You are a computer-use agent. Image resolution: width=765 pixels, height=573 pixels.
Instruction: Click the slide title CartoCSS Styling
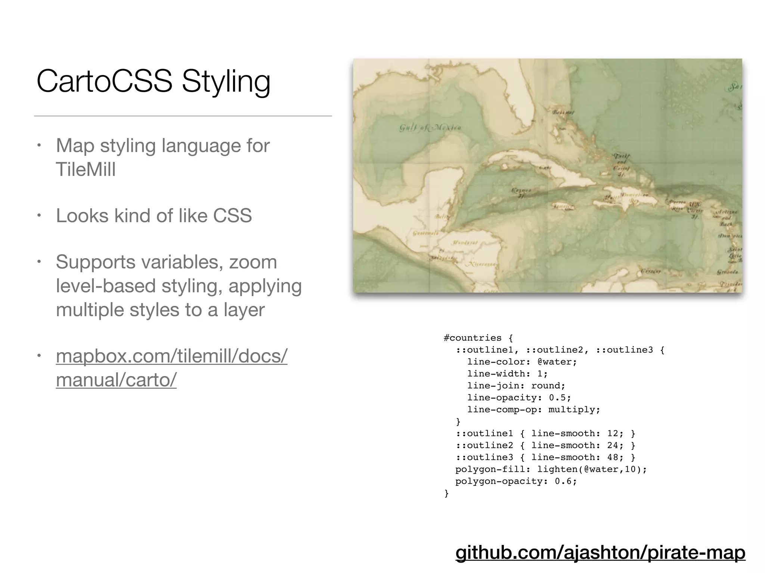153,81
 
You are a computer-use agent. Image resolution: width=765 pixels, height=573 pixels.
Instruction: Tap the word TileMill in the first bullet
86,169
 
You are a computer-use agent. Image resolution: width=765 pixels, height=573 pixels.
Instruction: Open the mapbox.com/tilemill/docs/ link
171,356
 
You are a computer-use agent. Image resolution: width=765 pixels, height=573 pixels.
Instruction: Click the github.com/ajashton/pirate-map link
600,552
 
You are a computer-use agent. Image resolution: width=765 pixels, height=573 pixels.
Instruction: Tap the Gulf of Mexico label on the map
430,128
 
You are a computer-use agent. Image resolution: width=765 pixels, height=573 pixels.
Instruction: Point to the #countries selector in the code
473,338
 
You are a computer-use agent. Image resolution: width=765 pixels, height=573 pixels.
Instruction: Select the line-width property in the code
496,374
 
